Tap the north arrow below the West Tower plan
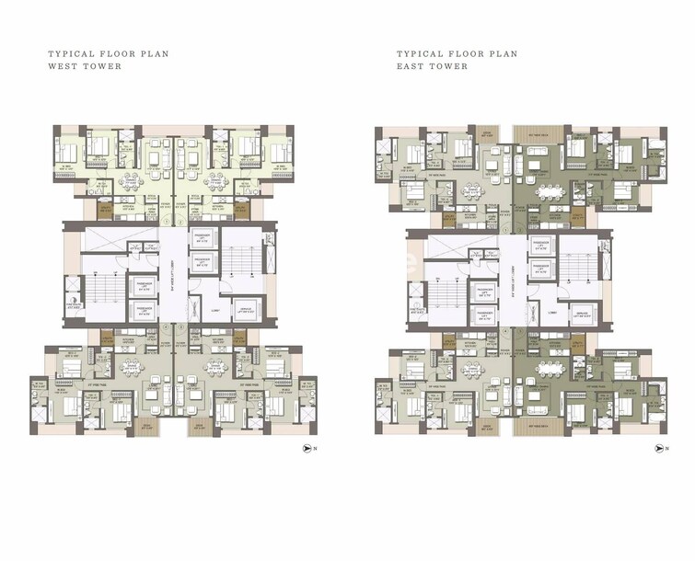[x=309, y=449]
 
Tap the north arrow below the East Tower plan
[x=658, y=449]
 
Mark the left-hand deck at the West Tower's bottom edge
[x=147, y=426]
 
